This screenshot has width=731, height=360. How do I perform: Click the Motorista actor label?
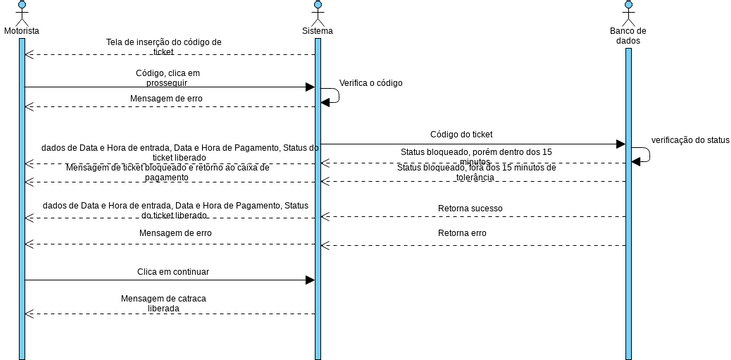pyautogui.click(x=21, y=31)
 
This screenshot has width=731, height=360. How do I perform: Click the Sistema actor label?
pyautogui.click(x=318, y=31)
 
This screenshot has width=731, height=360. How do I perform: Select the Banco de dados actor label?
pyautogui.click(x=628, y=36)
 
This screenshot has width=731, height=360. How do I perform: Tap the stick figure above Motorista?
pyautogui.click(x=21, y=12)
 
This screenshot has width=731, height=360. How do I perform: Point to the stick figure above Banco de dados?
pyautogui.click(x=628, y=12)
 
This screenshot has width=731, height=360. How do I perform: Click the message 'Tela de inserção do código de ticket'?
pyautogui.click(x=164, y=47)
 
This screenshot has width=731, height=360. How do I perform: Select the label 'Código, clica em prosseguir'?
pyautogui.click(x=167, y=78)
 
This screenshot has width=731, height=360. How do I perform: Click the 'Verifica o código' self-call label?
pyautogui.click(x=371, y=83)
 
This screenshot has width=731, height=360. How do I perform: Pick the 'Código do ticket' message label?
pyautogui.click(x=461, y=134)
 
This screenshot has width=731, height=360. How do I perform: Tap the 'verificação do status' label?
pyautogui.click(x=690, y=140)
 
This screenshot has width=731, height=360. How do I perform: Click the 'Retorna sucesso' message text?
pyautogui.click(x=470, y=208)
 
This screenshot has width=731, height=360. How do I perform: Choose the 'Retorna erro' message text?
pyautogui.click(x=462, y=233)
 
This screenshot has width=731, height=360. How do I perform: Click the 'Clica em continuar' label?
pyautogui.click(x=173, y=271)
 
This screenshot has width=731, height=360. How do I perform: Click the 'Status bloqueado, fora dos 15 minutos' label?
pyautogui.click(x=460, y=173)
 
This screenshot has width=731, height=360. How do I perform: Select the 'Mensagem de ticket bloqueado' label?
pyautogui.click(x=167, y=172)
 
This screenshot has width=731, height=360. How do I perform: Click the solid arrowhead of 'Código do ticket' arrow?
pyautogui.click(x=620, y=145)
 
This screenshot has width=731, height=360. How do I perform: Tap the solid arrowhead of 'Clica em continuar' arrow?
pyautogui.click(x=309, y=280)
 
